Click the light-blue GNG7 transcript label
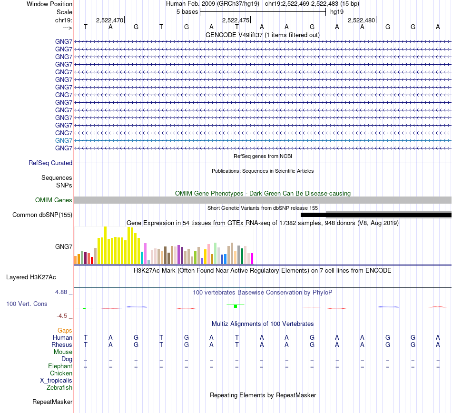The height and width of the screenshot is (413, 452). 64,140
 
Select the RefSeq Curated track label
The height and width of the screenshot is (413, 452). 50,163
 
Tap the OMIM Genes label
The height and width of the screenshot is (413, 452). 54,200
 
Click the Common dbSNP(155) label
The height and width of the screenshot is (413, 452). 42,215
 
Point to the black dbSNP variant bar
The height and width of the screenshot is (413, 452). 376,215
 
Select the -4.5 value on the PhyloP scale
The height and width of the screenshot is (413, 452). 64,315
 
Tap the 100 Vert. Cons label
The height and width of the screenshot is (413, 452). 27,304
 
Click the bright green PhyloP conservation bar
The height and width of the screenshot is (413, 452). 236,305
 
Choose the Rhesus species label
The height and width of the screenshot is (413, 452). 62,344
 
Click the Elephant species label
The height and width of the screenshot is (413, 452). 60,366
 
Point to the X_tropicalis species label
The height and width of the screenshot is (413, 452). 56,381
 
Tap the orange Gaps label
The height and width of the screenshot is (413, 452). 65,330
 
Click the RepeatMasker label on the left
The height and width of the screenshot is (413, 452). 52,402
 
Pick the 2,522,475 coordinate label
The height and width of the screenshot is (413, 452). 236,20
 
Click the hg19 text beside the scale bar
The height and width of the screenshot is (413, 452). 337,11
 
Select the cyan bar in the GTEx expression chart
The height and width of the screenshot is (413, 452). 142,257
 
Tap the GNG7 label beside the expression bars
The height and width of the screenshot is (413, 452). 64,246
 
